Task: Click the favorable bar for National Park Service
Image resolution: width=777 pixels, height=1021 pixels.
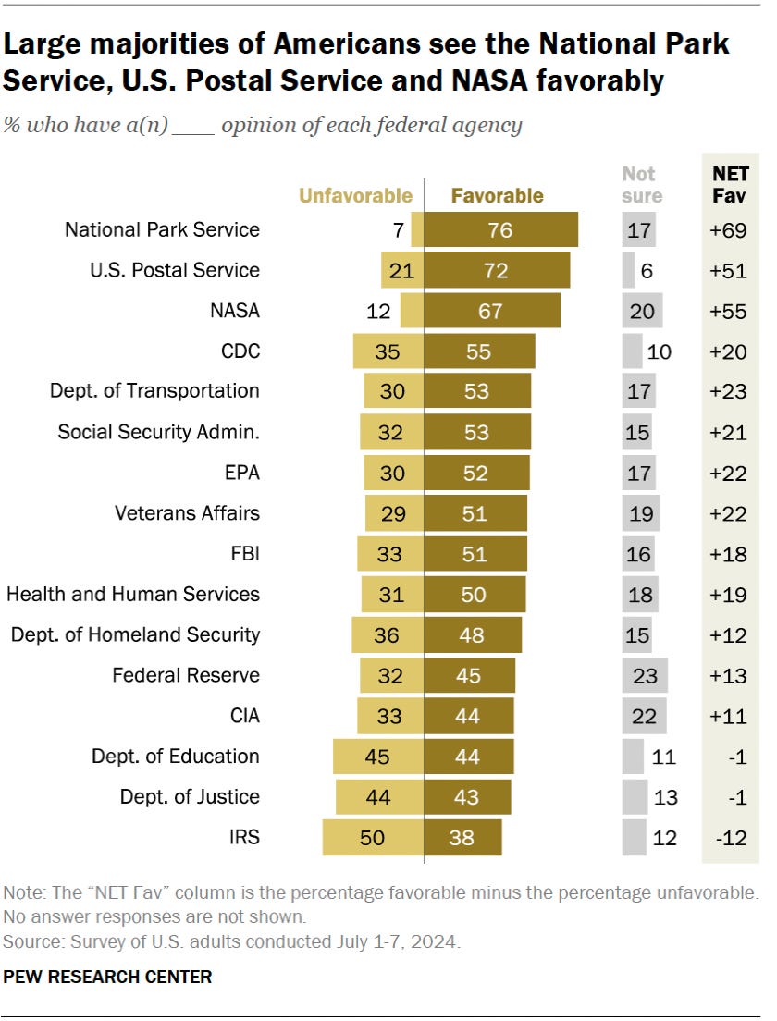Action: [500, 229]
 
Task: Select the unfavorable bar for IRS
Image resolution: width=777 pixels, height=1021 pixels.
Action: [373, 837]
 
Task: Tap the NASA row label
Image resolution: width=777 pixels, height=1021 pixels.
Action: [234, 311]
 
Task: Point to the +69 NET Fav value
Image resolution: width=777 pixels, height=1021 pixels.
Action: [728, 230]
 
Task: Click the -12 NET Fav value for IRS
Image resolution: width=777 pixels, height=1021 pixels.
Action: [731, 838]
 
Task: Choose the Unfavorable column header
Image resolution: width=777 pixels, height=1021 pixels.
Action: [355, 195]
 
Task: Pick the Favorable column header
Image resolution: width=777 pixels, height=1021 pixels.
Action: [497, 195]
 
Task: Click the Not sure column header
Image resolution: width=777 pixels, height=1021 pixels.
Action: [642, 185]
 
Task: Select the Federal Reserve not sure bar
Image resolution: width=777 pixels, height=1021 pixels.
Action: [645, 675]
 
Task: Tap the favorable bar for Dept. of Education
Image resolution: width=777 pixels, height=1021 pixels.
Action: [469, 757]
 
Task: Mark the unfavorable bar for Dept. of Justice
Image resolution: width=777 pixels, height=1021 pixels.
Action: [380, 797]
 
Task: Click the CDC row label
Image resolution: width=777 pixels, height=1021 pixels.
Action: [240, 351]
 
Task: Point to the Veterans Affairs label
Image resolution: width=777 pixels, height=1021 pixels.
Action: [187, 513]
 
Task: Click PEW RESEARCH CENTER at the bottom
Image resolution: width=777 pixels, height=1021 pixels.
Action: [107, 977]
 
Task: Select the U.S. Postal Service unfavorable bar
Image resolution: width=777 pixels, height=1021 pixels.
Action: [402, 270]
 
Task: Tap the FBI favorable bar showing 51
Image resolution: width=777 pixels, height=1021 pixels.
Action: [475, 553]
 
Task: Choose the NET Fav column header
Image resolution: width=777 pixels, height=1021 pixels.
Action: [730, 185]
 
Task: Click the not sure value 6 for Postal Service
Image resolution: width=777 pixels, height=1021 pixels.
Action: [646, 271]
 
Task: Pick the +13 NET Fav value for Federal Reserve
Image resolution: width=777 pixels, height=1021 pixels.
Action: [728, 676]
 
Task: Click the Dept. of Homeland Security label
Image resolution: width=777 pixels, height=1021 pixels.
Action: [135, 634]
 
